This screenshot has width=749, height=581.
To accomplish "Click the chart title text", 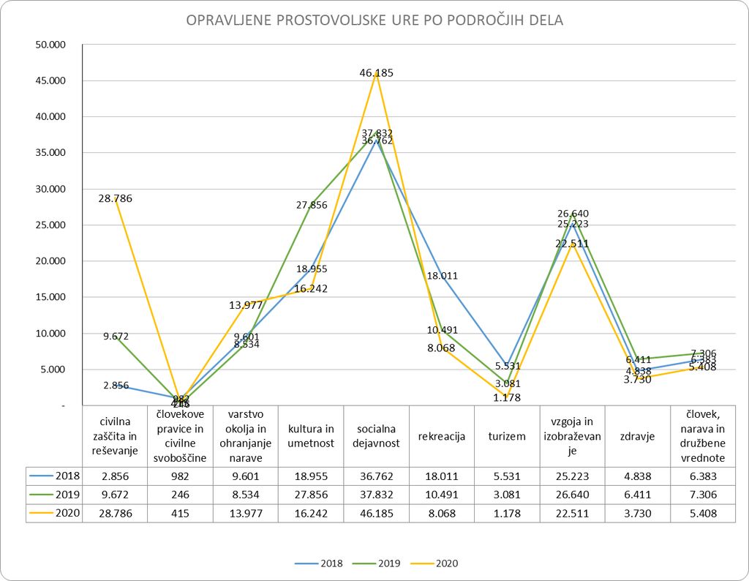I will click(374, 20).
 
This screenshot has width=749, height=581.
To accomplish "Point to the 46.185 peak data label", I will click(377, 72).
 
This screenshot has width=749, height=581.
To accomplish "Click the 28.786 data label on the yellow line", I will click(117, 198).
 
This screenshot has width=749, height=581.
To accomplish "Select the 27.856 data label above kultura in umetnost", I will click(311, 206).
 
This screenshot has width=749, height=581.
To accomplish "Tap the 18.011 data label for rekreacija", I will click(441, 276).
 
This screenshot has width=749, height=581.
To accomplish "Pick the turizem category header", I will click(507, 436).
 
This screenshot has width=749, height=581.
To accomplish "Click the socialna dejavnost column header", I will click(376, 436).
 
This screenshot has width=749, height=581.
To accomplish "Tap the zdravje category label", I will click(637, 436).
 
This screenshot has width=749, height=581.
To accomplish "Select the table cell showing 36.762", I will click(376, 475).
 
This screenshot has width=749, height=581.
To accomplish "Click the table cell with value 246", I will click(180, 494).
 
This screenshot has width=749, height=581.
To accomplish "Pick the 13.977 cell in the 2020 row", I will click(246, 513).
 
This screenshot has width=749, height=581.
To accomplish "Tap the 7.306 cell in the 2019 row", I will click(703, 494).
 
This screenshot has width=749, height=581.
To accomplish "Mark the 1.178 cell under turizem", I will click(507, 513).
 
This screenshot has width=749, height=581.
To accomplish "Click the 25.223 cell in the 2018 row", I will click(572, 475).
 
